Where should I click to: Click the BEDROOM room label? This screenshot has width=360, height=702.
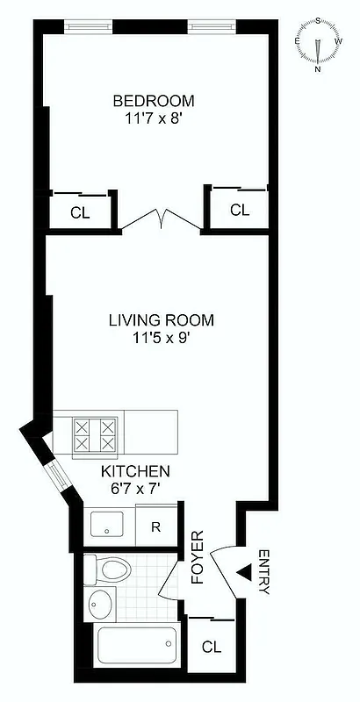pyautogui.click(x=154, y=100)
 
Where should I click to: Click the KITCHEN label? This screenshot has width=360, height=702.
pyautogui.click(x=134, y=471)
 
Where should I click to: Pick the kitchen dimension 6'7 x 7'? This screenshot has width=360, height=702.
pyautogui.click(x=134, y=487)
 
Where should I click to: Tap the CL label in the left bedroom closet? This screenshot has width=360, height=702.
pyautogui.click(x=80, y=211)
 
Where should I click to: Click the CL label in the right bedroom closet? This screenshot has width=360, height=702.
pyautogui.click(x=240, y=210)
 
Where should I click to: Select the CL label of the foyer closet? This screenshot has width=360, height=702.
pyautogui.click(x=211, y=648)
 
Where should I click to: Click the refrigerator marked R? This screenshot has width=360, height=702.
pyautogui.click(x=155, y=527)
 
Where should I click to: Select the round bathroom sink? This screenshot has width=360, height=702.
pyautogui.click(x=102, y=605)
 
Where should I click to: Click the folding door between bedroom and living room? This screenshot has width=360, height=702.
pyautogui.click(x=161, y=219)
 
